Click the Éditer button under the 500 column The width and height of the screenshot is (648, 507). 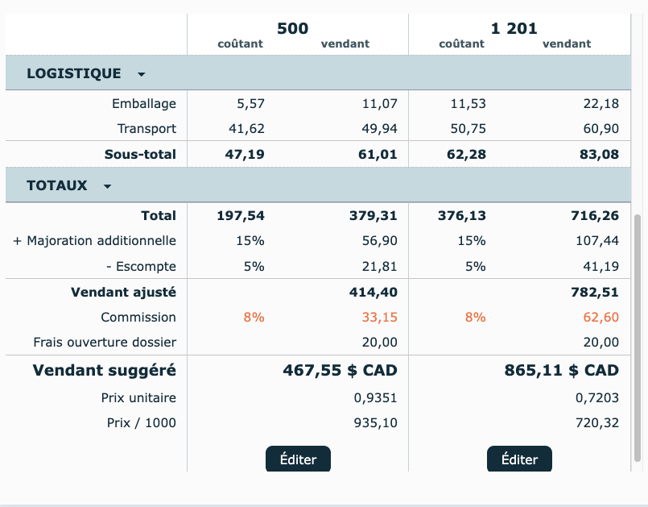[298, 459]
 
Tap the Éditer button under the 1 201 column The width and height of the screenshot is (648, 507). [519, 459]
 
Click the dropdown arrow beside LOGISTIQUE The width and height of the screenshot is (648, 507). [142, 74]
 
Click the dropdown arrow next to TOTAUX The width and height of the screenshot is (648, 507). [108, 186]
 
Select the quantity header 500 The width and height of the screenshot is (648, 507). [292, 28]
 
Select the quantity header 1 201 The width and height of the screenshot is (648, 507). [514, 28]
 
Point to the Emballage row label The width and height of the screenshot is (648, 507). [144, 103]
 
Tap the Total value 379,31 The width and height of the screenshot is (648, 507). [373, 215]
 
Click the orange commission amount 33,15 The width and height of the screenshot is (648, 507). [379, 317]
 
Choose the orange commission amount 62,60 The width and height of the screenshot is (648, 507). [601, 317]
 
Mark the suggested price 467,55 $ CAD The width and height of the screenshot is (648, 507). [340, 370]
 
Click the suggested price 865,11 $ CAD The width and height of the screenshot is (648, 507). [561, 370]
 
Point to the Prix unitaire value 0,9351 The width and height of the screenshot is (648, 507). [375, 397]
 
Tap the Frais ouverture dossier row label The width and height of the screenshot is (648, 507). [105, 343]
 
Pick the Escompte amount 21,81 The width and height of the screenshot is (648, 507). [381, 266]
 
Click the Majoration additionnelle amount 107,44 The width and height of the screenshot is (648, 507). [597, 240]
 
